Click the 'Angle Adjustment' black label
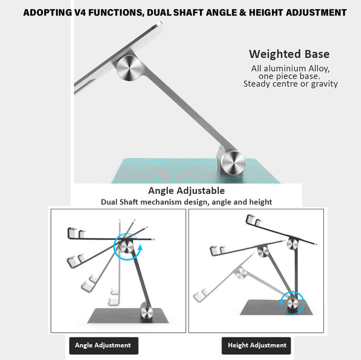pyautogui.click(x=104, y=346)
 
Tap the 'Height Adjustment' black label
pyautogui.click(x=256, y=346)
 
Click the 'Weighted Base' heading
pyautogui.click(x=289, y=54)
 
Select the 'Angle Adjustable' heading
pyautogui.click(x=186, y=191)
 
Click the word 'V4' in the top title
pyautogui.click(x=80, y=13)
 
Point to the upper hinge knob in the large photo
pyautogui.click(x=129, y=68)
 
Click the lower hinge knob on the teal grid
pyautogui.click(x=233, y=163)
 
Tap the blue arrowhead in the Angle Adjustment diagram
pyautogui.click(x=140, y=247)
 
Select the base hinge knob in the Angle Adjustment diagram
pyautogui.click(x=147, y=313)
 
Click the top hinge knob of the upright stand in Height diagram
pyautogui.click(x=293, y=244)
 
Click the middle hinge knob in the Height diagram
pyautogui.click(x=263, y=251)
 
